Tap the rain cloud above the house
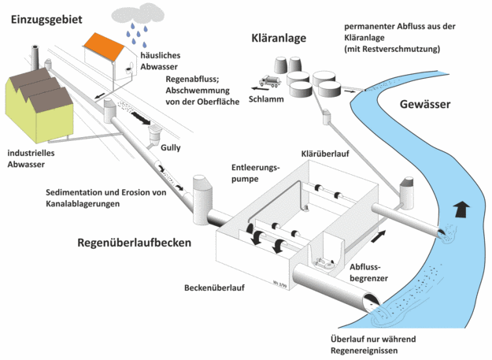click(138, 13)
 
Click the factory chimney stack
click(35, 58)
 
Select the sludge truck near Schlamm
click(270, 81)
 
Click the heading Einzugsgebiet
click(46, 20)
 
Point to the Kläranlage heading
click(279, 38)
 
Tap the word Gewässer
click(425, 104)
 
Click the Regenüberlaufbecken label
click(135, 243)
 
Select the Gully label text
click(170, 147)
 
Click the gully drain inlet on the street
click(154, 134)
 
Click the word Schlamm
click(266, 99)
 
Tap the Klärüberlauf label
click(325, 154)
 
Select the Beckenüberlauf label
click(214, 288)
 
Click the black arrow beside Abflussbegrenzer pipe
click(379, 236)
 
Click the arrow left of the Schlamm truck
click(255, 88)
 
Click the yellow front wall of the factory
click(55, 122)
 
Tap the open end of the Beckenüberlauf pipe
click(372, 302)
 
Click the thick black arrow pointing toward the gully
click(141, 118)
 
